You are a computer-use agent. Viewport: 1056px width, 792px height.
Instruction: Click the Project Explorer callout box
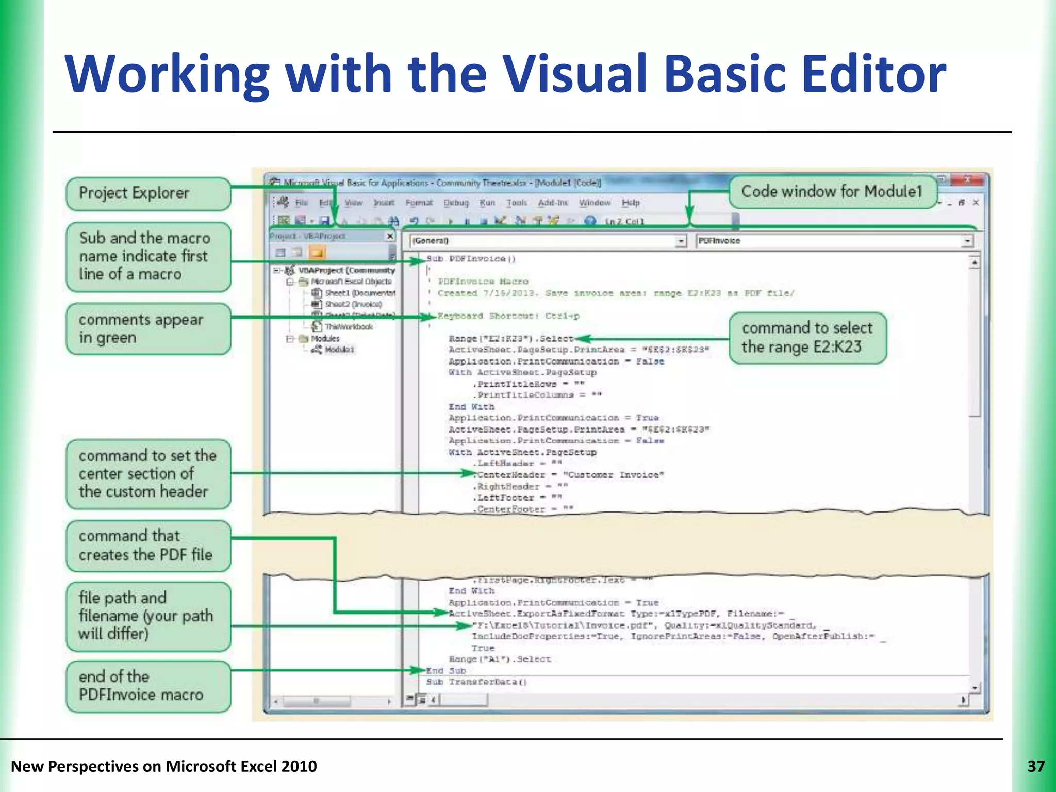(x=148, y=193)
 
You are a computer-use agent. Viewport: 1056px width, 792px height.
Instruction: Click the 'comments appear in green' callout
(x=148, y=328)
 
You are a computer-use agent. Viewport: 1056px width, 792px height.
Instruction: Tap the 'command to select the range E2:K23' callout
(x=807, y=338)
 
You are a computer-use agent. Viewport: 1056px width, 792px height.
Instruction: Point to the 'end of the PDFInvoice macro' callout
(x=148, y=686)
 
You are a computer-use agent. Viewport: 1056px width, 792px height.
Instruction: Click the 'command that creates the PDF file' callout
(x=148, y=546)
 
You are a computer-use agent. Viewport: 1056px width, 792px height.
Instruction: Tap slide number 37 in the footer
(x=1035, y=766)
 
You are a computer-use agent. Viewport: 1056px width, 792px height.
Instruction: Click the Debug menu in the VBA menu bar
(x=456, y=203)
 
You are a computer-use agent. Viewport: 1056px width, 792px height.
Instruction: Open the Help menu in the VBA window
(x=630, y=203)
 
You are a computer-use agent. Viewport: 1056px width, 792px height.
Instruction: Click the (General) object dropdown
(x=548, y=241)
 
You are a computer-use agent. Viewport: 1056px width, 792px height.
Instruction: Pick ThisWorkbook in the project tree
(x=348, y=326)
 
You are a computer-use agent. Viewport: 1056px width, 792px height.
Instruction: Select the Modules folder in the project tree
(x=325, y=338)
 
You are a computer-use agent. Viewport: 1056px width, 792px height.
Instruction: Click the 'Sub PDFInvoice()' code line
(x=471, y=259)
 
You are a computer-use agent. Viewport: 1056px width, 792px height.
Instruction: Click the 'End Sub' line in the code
(x=446, y=670)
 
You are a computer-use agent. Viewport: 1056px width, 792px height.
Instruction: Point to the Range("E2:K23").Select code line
(x=510, y=339)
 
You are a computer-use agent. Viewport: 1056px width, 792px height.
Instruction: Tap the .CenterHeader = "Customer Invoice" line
(x=570, y=475)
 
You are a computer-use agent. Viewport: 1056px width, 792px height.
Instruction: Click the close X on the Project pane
(x=390, y=236)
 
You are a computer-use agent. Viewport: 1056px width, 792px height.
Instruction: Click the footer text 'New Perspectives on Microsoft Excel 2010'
(x=164, y=766)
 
